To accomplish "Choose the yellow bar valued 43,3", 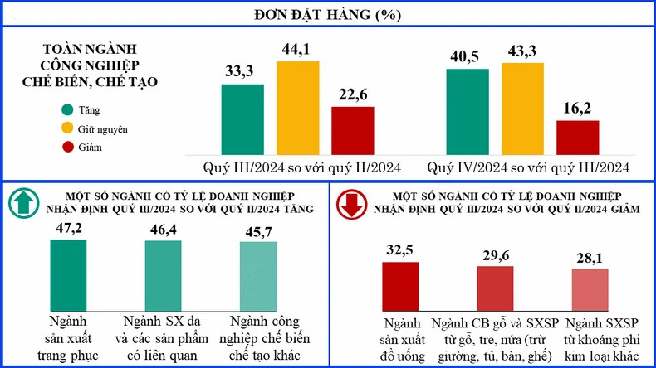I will click(x=522, y=107).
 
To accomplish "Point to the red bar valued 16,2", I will click(x=577, y=136).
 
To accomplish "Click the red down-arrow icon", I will click(x=350, y=204).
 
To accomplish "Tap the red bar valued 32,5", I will click(x=400, y=287).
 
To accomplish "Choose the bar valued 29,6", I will click(x=495, y=289).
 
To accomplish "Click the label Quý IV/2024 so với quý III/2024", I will click(x=528, y=167).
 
